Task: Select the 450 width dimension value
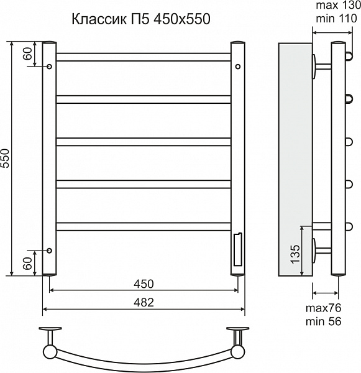(x=144, y=284)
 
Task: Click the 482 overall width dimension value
(x=144, y=302)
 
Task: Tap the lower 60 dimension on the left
(x=28, y=264)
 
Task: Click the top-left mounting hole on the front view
(x=48, y=65)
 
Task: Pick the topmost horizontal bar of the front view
(x=143, y=57)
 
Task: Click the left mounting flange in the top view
(x=50, y=329)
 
